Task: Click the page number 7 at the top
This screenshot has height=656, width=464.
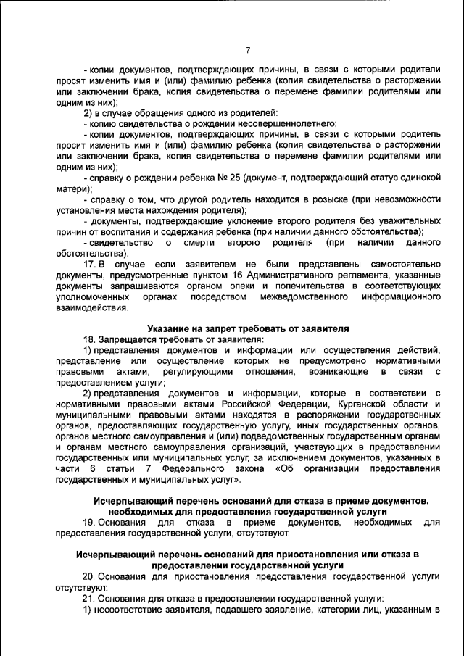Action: tap(247, 50)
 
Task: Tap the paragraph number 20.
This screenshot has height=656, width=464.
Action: tap(89, 576)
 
